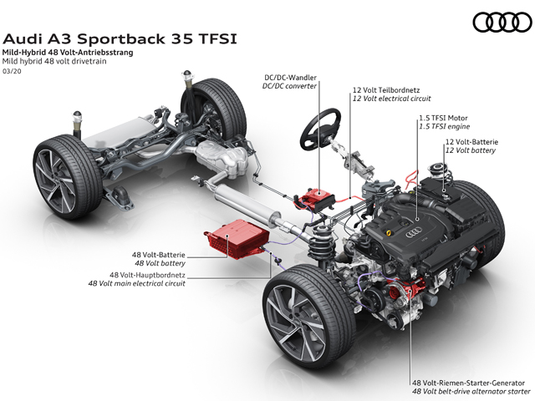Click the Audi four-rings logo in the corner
point(502,23)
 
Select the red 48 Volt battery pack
point(237,237)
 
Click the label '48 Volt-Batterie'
point(159,255)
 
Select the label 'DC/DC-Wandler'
point(290,78)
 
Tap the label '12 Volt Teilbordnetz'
point(386,90)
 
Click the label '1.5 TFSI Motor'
point(443,118)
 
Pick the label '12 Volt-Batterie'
point(471,142)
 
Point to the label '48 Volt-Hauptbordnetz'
point(147,275)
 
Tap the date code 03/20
point(12,71)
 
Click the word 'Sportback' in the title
point(121,39)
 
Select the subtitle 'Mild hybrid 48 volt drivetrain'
point(54,61)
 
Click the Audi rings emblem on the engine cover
point(413,234)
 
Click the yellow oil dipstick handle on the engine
point(388,233)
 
